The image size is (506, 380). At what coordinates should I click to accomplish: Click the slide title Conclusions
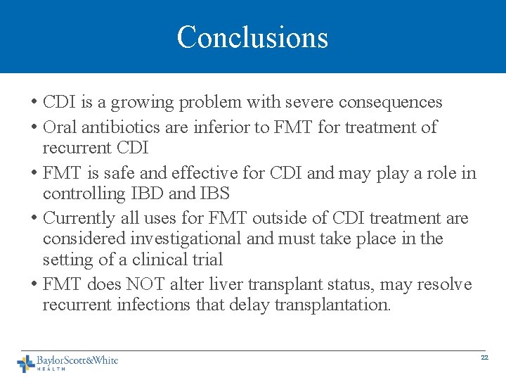point(252,37)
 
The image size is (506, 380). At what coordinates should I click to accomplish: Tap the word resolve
point(445,285)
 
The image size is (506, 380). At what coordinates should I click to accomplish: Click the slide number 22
point(484,358)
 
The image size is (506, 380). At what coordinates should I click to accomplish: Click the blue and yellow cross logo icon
point(26,363)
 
